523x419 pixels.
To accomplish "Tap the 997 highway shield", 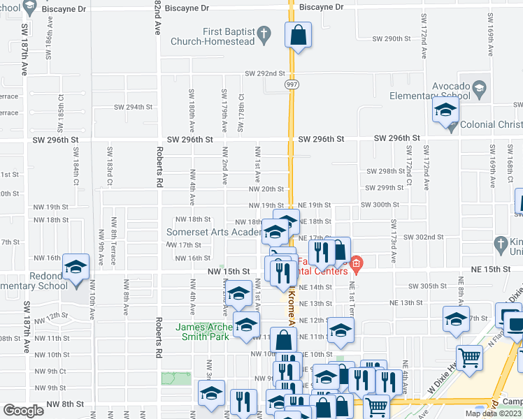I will [x=291, y=84].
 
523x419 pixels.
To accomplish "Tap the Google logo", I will [x=24, y=410].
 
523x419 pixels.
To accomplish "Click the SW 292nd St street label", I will [x=265, y=73].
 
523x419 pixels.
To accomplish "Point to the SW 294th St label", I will [x=133, y=107].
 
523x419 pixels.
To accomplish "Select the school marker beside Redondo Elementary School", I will [x=76, y=267].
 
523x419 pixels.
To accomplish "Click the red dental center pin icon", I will [x=357, y=263].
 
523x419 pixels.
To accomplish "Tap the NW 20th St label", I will [x=268, y=189].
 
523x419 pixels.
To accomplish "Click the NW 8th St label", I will [x=65, y=404].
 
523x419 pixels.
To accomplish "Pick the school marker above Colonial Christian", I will [x=445, y=110].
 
